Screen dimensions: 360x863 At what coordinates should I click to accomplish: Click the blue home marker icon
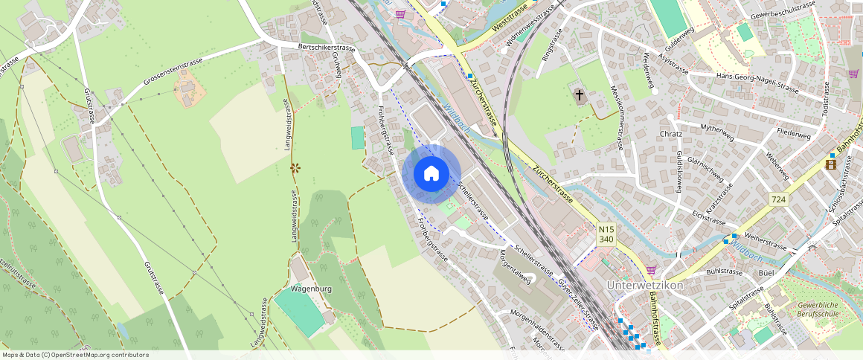pyautogui.click(x=431, y=174)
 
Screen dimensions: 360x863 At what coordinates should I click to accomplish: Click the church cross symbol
pyautogui.click(x=580, y=95)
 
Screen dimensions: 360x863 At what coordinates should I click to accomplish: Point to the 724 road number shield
pyautogui.click(x=779, y=199)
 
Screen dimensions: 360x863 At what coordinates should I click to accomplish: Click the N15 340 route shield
pyautogui.click(x=606, y=234)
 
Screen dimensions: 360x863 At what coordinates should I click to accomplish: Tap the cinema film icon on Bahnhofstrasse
pyautogui.click(x=830, y=164)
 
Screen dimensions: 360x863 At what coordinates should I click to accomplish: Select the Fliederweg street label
pyautogui.click(x=793, y=136)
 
